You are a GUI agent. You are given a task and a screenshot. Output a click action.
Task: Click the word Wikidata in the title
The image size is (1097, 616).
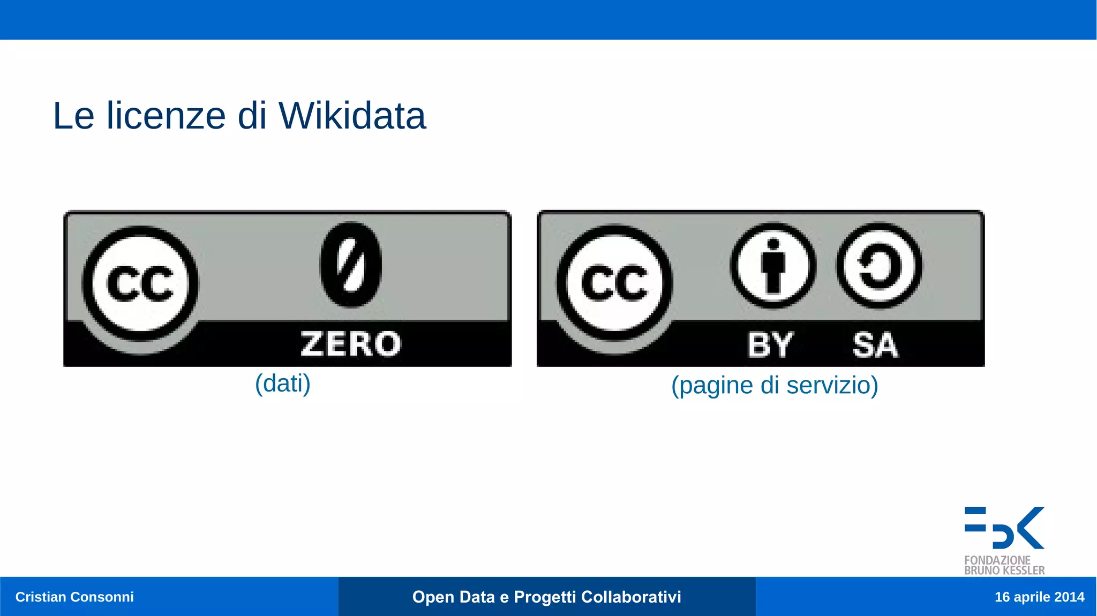tap(352, 116)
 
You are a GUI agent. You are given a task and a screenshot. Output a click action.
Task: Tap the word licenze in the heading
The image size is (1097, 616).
tap(166, 116)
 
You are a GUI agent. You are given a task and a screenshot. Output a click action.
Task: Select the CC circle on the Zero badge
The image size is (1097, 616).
tap(140, 284)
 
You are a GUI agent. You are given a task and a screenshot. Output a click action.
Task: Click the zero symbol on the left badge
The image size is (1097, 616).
tap(351, 265)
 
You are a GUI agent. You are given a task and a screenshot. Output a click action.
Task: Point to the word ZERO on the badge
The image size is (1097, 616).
tap(351, 344)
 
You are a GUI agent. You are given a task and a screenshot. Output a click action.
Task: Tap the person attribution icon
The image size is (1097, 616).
tap(772, 266)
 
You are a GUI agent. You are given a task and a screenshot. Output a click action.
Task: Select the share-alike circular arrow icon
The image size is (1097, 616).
tap(879, 266)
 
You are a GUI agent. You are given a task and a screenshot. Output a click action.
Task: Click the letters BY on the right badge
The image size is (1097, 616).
tap(770, 344)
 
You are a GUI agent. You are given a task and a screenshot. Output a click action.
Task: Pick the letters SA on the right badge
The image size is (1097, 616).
tap(875, 344)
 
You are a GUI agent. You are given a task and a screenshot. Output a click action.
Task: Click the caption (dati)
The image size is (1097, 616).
tap(283, 384)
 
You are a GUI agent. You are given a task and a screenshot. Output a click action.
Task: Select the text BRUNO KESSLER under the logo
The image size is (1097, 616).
tap(1004, 571)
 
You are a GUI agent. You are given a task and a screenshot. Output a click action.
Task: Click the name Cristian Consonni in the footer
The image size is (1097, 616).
tap(74, 597)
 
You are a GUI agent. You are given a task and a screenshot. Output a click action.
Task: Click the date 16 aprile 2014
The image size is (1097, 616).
tap(1039, 597)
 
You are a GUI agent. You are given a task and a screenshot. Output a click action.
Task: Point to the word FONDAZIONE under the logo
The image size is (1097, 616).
tap(997, 560)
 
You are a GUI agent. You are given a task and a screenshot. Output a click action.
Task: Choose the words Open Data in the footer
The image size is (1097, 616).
tap(453, 597)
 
